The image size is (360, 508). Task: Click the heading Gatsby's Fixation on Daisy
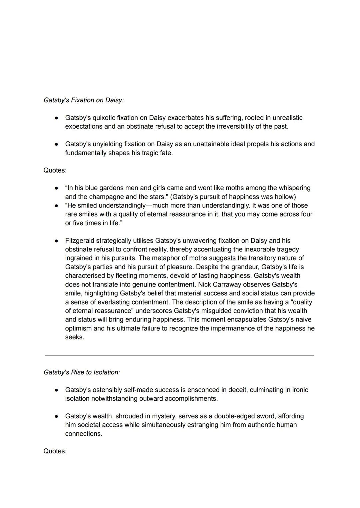pos(83,100)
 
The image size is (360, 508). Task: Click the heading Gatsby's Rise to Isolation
pos(82,372)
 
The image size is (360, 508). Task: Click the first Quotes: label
pos(55,170)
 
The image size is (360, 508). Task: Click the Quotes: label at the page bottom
pos(55,451)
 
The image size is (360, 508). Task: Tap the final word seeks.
pos(74,337)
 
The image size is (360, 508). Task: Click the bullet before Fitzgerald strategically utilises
pos(57,241)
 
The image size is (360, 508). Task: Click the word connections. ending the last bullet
pos(83,434)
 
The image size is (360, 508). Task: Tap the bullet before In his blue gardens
pos(57,188)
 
